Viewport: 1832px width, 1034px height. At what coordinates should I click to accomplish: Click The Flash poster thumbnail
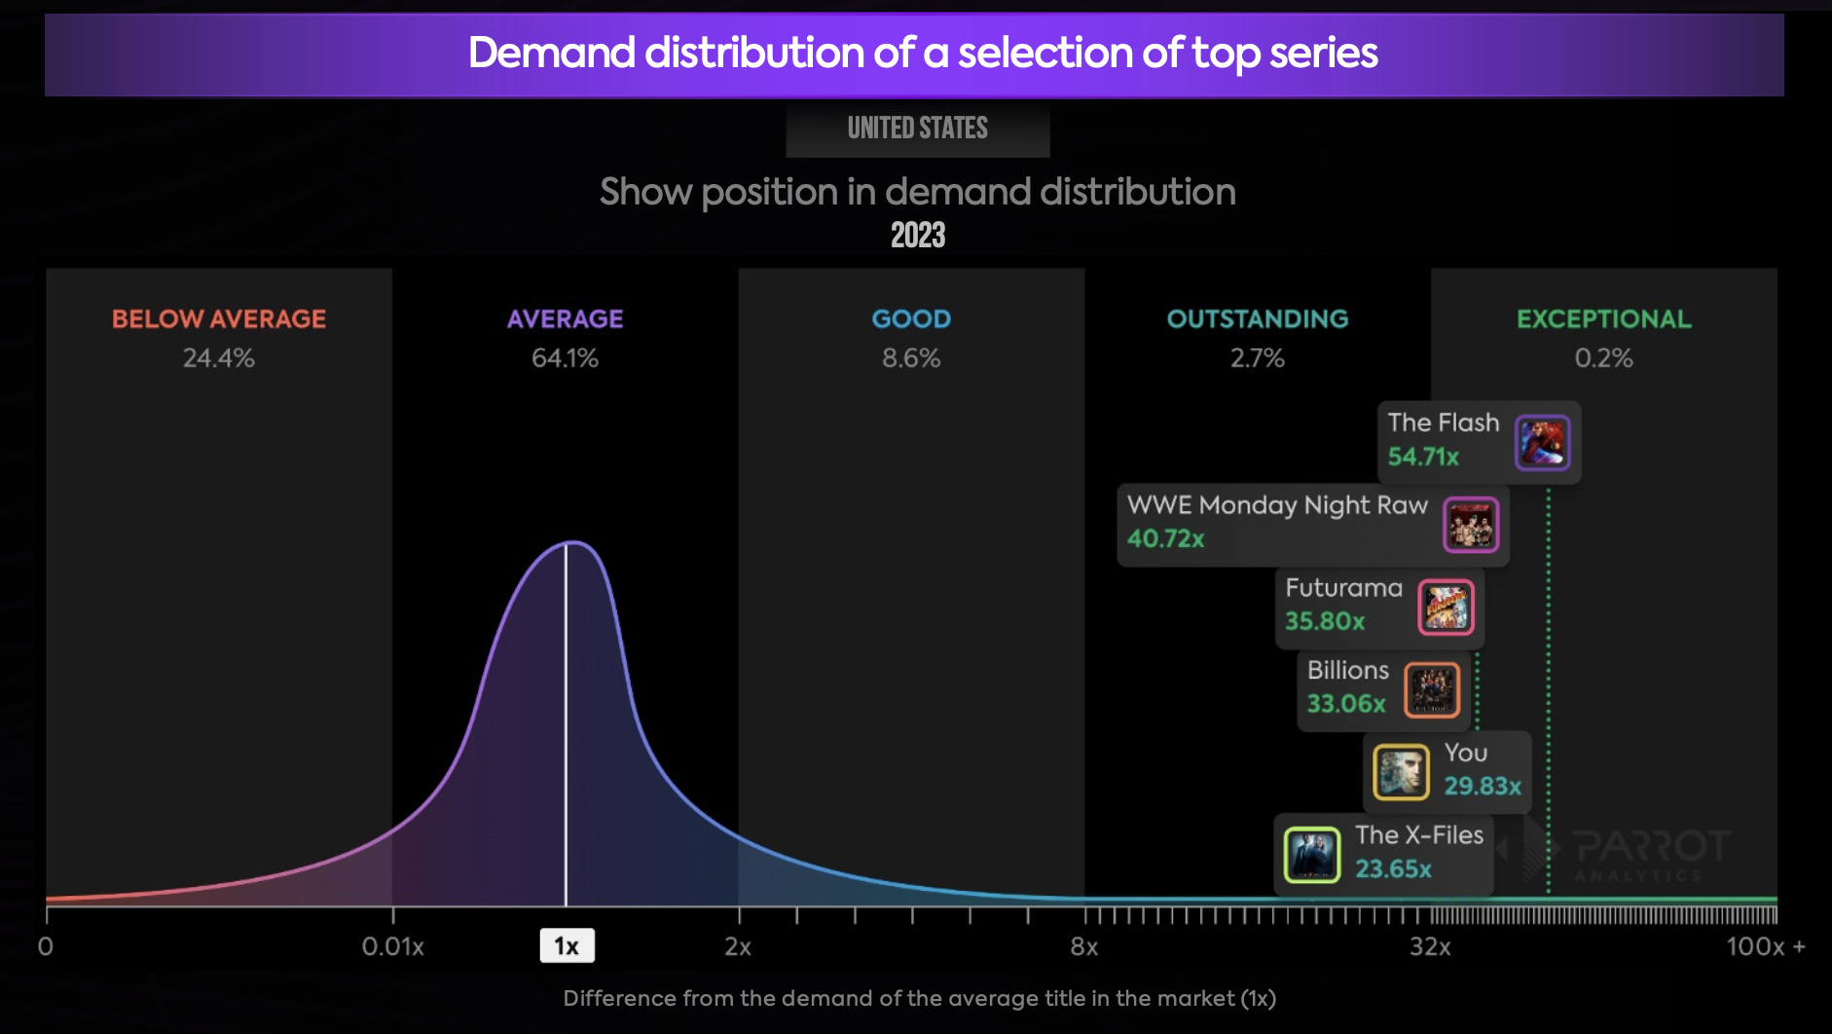coord(1542,442)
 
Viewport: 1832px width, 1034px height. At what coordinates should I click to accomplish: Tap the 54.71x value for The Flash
coord(1423,457)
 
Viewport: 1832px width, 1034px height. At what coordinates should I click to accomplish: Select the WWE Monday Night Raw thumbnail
coord(1471,525)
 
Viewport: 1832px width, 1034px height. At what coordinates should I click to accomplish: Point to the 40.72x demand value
coord(1165,538)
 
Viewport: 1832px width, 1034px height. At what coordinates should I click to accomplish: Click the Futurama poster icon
coord(1446,608)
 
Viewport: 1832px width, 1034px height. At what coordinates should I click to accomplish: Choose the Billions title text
coord(1347,671)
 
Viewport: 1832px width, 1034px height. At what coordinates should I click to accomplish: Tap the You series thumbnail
coord(1401,772)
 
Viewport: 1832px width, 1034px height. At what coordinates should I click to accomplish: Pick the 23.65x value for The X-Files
coord(1393,868)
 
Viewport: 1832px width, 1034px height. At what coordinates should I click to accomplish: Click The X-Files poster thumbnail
coord(1311,855)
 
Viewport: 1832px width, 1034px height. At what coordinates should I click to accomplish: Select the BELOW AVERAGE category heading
coord(219,319)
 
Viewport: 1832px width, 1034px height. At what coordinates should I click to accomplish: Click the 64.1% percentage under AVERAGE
coord(565,358)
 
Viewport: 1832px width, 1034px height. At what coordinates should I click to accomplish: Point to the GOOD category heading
coord(911,319)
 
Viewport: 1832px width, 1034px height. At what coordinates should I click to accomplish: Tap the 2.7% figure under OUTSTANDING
coord(1257,358)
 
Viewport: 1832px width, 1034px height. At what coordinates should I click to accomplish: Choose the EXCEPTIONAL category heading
coord(1603,319)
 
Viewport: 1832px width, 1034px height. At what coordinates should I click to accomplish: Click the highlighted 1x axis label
coord(567,946)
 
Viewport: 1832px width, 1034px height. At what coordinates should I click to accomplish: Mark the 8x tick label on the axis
coord(1083,947)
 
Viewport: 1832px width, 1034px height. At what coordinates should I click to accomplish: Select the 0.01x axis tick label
coord(392,947)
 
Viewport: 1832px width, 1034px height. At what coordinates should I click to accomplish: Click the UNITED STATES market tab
coord(917,129)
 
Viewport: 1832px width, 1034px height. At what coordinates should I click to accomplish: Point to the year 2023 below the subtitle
coord(917,236)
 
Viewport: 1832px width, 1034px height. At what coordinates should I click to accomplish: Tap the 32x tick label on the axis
coord(1430,947)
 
